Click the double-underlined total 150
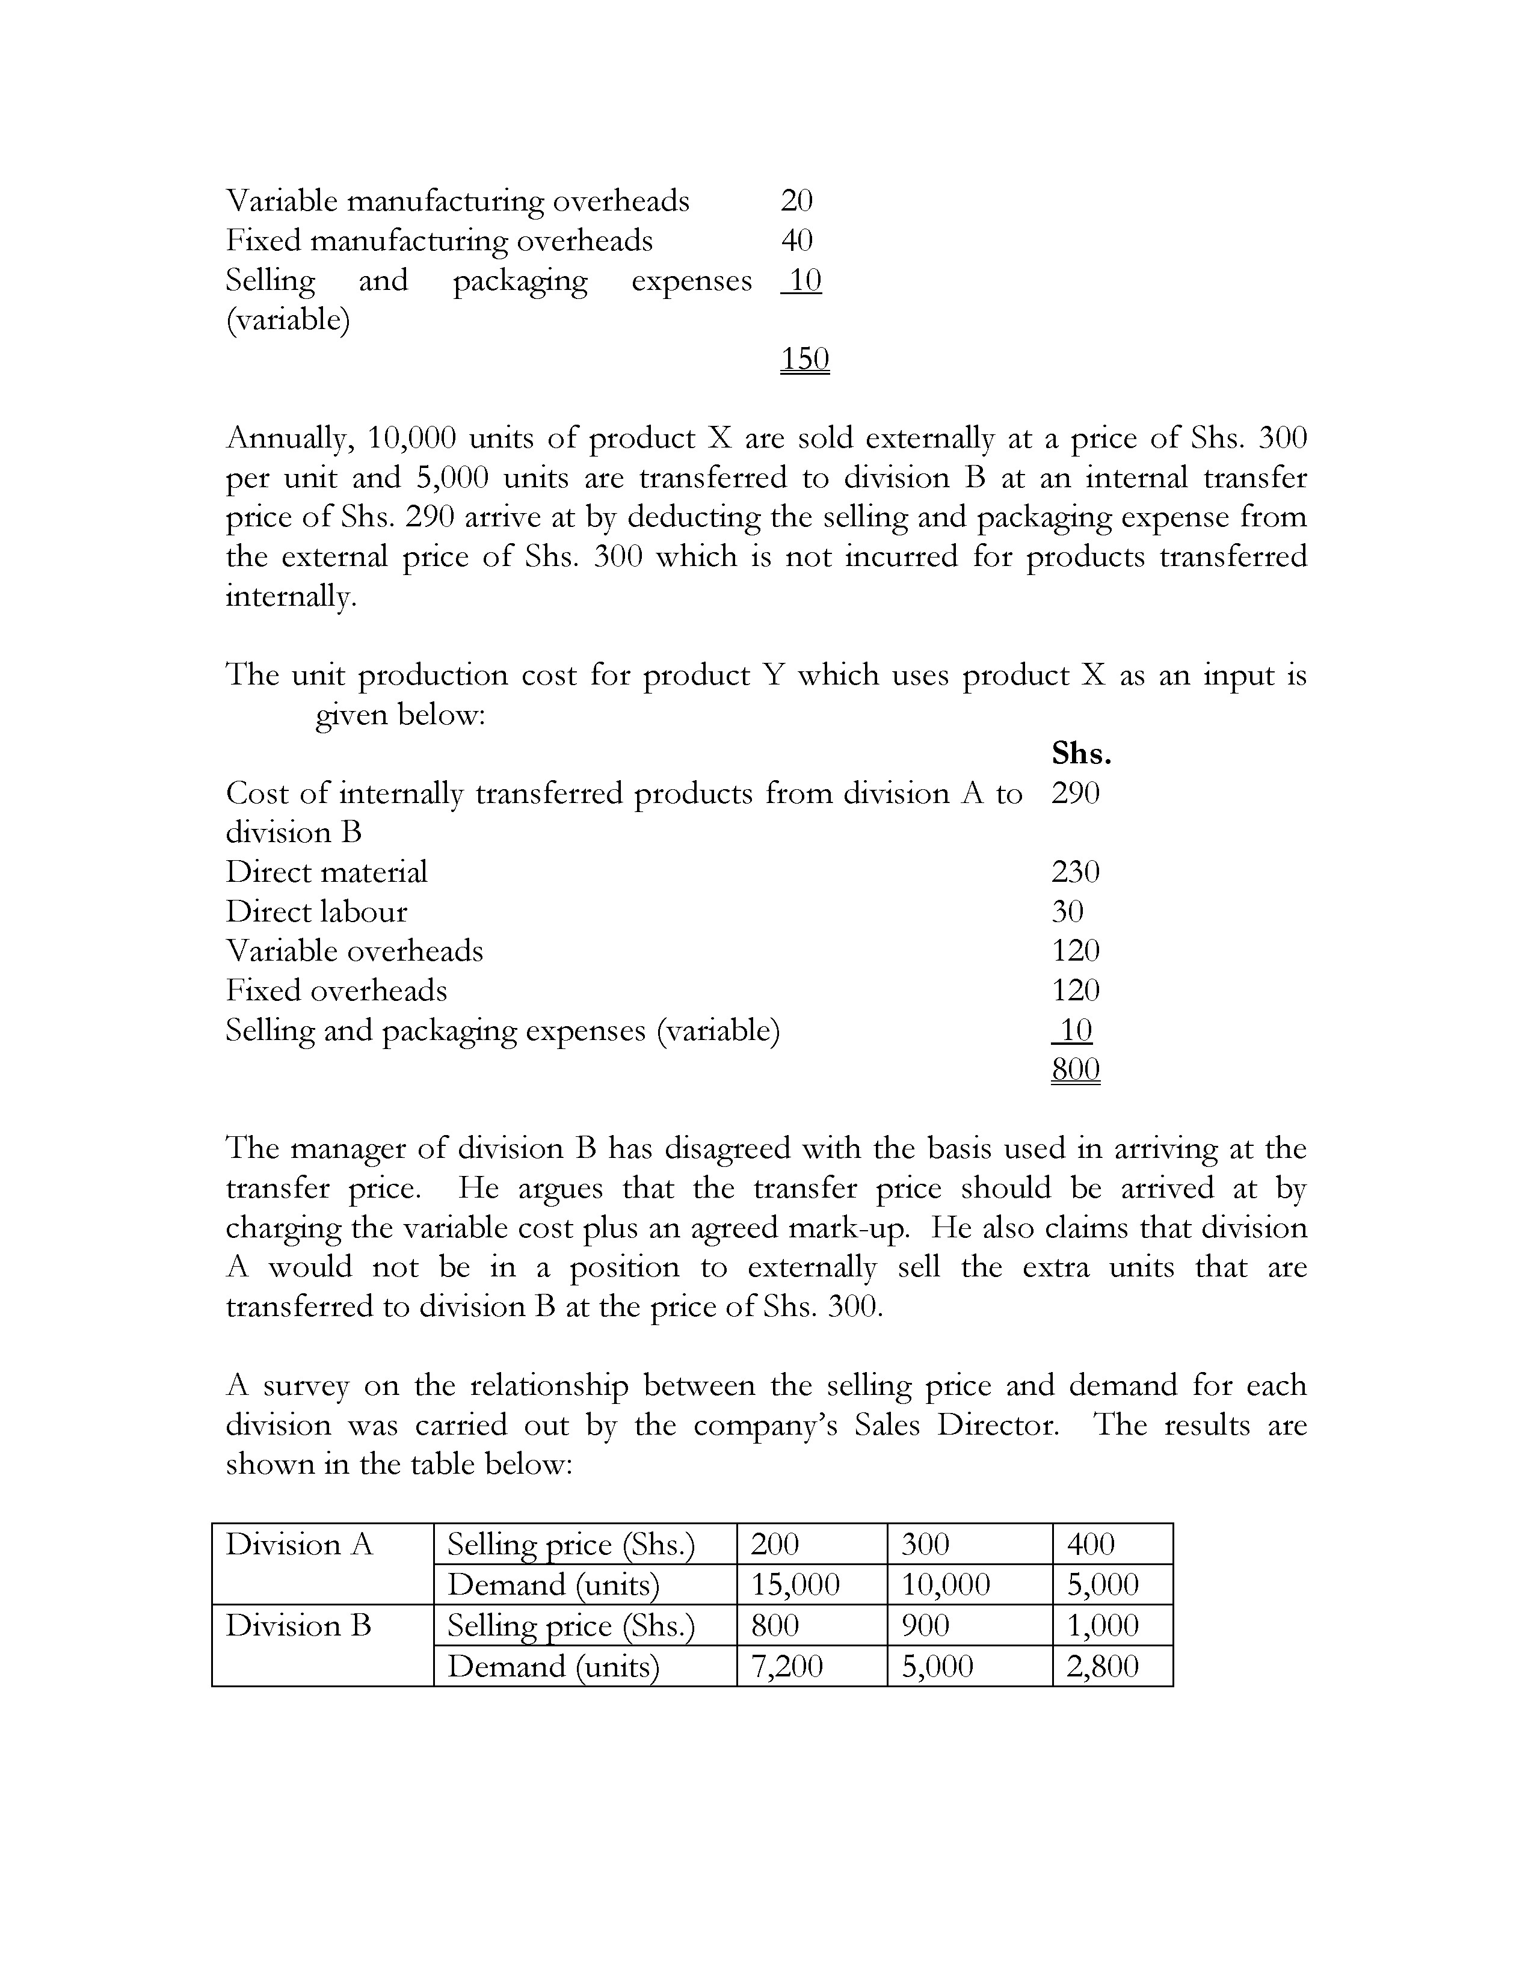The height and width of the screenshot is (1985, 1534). click(804, 359)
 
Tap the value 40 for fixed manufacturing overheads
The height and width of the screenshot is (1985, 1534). click(796, 240)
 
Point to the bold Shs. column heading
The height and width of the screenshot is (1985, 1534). click(1082, 754)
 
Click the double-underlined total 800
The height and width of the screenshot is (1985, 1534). click(1075, 1069)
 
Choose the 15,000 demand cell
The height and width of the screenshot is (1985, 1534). click(795, 1585)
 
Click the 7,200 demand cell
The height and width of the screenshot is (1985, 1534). click(786, 1666)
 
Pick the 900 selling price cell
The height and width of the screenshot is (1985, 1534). click(925, 1625)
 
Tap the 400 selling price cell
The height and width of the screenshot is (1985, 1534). click(1091, 1544)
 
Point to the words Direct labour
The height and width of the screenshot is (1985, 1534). click(316, 912)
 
